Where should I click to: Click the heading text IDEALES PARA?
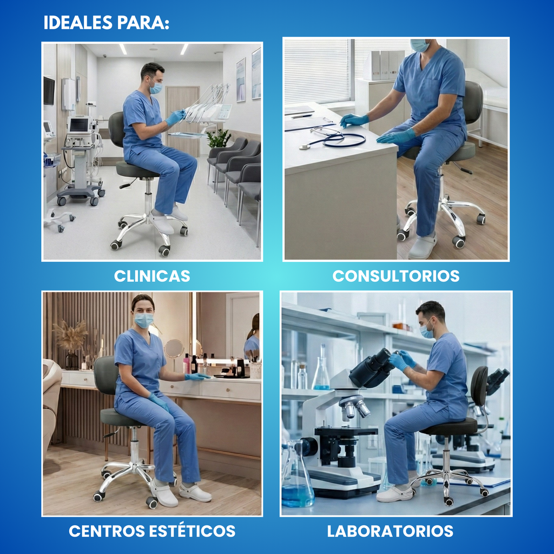pos(106,23)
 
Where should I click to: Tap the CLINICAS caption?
pos(152,276)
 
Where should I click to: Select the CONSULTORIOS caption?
pos(395,276)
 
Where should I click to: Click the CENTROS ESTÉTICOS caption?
pos(152,531)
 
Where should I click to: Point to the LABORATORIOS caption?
pos(390,531)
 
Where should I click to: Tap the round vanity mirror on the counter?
pos(174,348)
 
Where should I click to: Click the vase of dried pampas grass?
pos(71,346)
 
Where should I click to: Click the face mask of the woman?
pos(143,320)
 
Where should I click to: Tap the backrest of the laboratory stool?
pos(479,386)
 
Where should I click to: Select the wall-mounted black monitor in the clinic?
pos(49,90)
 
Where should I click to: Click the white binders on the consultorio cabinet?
pos(387,65)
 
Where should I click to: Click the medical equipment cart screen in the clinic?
pos(79,125)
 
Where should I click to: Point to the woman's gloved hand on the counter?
pos(197,377)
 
